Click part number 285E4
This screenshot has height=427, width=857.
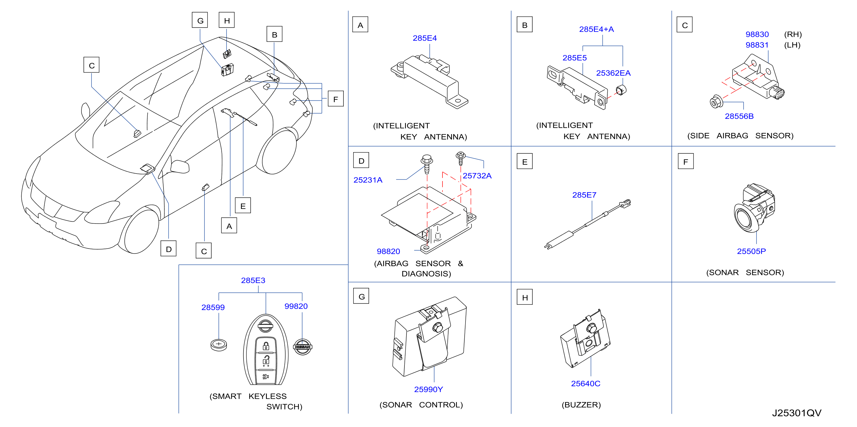[x=425, y=38]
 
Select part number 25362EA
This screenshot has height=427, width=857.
[x=613, y=73]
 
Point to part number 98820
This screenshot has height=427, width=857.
[x=388, y=251]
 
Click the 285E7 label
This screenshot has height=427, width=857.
[x=584, y=195]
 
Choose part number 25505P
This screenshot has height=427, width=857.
[x=751, y=251]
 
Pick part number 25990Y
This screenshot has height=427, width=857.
[x=428, y=389]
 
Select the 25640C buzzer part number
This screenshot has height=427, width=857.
[x=586, y=384]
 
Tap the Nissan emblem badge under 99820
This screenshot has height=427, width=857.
[x=303, y=347]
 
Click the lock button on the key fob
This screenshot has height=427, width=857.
[x=266, y=346]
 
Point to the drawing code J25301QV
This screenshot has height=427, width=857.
[x=797, y=413]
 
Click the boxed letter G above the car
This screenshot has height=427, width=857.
[x=200, y=20]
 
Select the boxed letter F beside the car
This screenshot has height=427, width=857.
[x=336, y=99]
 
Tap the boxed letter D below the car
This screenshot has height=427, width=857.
[x=169, y=249]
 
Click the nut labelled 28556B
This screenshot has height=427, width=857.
[x=716, y=102]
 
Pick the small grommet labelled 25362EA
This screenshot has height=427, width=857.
[x=621, y=90]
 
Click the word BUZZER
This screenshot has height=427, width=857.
[x=581, y=405]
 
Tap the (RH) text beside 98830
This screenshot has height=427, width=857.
[x=793, y=35]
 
